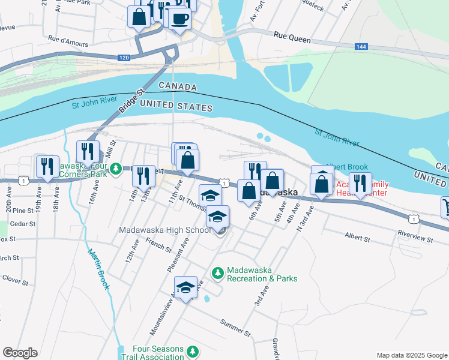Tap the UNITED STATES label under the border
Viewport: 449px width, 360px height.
click(176, 107)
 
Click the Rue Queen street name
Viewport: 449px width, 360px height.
click(292, 39)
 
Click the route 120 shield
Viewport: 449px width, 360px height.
click(124, 58)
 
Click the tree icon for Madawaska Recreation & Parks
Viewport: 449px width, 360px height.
click(217, 274)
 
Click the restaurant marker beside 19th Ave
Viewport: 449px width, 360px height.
click(47, 166)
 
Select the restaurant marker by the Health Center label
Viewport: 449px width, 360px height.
click(360, 183)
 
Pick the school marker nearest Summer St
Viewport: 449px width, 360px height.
click(186, 287)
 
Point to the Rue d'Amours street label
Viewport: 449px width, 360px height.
click(68, 44)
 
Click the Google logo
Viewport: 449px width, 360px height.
click(20, 353)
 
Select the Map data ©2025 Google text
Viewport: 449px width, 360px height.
click(411, 355)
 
